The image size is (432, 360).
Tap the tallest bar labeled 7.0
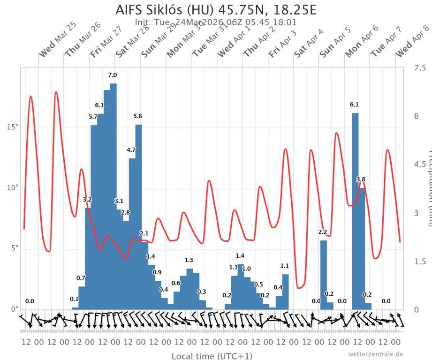tap(113, 197)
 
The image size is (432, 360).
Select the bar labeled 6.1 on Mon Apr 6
tap(355, 211)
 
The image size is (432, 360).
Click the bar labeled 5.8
tap(138, 216)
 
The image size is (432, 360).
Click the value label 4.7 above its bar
tap(131, 150)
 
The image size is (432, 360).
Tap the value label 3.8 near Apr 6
tap(361, 180)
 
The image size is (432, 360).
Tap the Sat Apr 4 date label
tap(308, 43)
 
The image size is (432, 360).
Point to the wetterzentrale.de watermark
tap(375, 354)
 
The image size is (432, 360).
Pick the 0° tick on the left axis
tap(14, 309)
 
